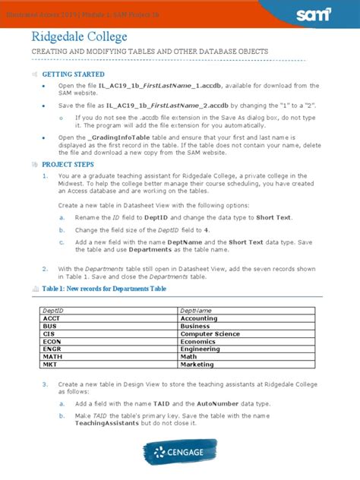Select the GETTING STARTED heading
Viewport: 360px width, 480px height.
[73, 74]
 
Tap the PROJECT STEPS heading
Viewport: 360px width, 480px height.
[68, 164]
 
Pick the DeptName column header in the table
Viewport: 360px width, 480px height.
[191, 311]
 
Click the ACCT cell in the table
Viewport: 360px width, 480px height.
[51, 319]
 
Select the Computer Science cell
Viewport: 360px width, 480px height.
[210, 334]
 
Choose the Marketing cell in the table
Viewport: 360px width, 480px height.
[197, 365]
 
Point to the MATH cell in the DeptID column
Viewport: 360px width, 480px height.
[52, 357]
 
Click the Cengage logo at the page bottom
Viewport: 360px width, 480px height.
[180, 453]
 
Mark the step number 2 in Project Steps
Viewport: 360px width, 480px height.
[46, 267]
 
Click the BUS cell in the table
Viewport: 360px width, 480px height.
[49, 327]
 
